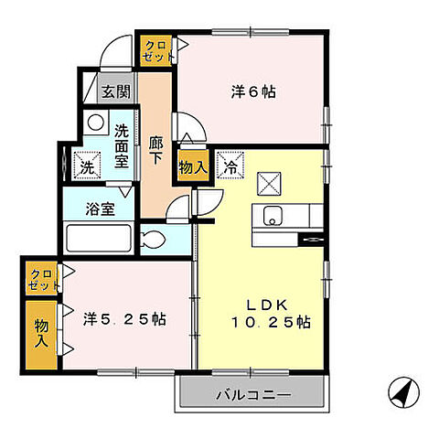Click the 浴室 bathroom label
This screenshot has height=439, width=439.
point(102,208)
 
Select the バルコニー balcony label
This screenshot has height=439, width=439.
point(253,396)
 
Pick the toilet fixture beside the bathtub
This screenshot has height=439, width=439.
point(155,242)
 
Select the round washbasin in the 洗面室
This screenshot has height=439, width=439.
point(94,123)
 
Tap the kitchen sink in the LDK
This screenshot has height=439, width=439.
point(273,218)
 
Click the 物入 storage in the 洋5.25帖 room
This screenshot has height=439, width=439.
point(41,332)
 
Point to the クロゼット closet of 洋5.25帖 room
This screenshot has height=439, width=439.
point(39,277)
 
